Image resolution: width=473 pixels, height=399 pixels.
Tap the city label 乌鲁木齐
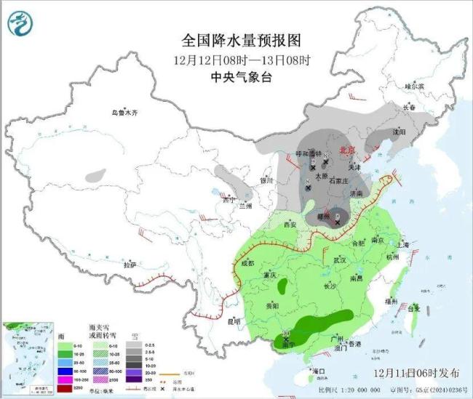tap(124, 113)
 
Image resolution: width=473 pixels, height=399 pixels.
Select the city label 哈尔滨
tap(413, 86)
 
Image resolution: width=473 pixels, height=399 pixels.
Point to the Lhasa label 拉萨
tap(130, 265)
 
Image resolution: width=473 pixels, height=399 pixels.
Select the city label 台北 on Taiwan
tap(413, 308)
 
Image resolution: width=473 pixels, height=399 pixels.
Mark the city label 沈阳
tap(397, 132)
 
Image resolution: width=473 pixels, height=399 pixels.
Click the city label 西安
tap(290, 225)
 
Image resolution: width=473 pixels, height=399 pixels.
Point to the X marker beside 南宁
tap(286, 339)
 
